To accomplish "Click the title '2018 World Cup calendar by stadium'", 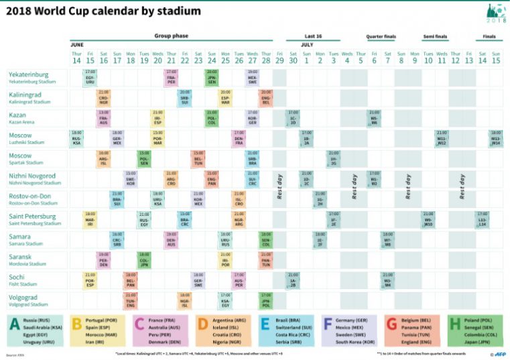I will pyautogui.click(x=104, y=11).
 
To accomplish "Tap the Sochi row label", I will pyautogui.click(x=19, y=276).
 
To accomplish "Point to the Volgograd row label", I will pyautogui.click(x=24, y=296).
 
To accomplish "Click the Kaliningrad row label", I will pyautogui.click(x=26, y=95).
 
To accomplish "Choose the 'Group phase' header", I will pyautogui.click(x=171, y=36).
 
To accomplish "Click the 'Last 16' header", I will pyautogui.click(x=313, y=36).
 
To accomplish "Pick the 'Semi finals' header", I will pyautogui.click(x=436, y=36).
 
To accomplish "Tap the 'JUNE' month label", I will pyautogui.click(x=77, y=45).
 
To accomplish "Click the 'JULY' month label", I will pyautogui.click(x=307, y=45).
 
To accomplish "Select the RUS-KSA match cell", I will pyautogui.click(x=76, y=138).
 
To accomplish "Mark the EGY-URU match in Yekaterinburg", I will pyautogui.click(x=90, y=77).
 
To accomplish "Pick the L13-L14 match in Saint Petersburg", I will pyautogui.click(x=482, y=219).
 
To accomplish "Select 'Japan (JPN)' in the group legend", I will pyautogui.click(x=480, y=341).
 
